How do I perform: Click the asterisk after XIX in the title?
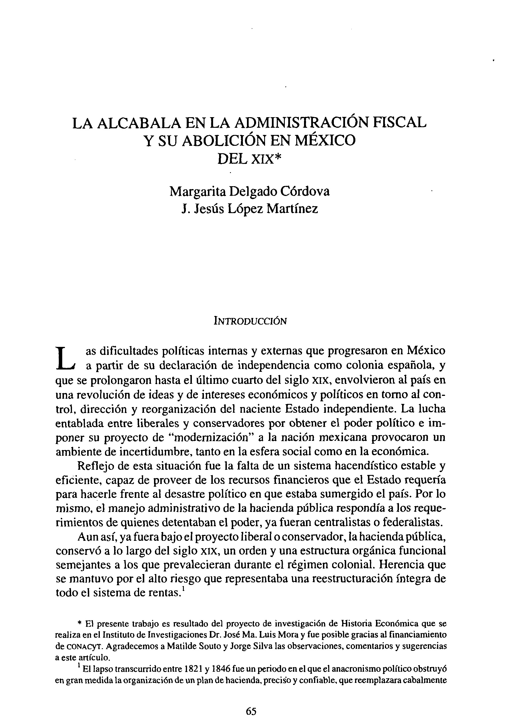[x=279, y=157]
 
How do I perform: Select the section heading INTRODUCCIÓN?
[x=250, y=321]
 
